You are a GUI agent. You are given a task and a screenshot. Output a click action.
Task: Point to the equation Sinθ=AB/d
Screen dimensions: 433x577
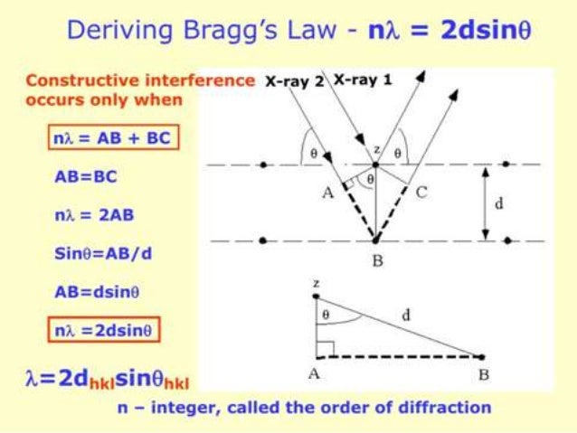coord(102,254)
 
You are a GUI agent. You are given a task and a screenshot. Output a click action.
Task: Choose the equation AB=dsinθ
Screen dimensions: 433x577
coord(97,292)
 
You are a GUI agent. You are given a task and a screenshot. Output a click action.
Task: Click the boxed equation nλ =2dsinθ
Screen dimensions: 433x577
coord(105,331)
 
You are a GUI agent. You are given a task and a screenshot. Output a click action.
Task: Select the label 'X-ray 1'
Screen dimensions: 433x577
coord(363,80)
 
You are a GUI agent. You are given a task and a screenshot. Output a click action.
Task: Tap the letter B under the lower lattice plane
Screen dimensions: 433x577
coord(376,262)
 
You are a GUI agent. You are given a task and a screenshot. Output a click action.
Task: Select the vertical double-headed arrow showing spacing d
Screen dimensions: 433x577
coord(485,203)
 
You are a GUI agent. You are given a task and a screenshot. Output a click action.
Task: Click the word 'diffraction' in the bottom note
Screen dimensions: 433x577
coord(444,409)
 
